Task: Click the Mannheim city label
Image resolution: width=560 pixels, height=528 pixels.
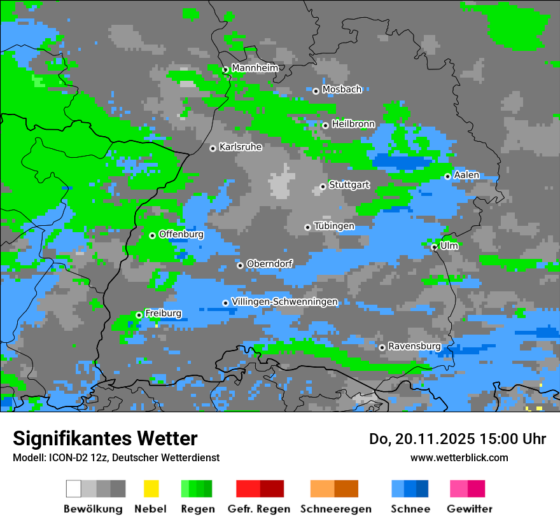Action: (255, 68)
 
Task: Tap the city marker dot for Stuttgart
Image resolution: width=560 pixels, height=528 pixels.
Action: (323, 186)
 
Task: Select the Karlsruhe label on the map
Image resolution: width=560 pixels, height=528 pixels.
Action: (240, 147)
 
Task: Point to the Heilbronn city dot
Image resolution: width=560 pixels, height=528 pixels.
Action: (325, 125)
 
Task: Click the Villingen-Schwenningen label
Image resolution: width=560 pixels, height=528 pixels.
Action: (284, 302)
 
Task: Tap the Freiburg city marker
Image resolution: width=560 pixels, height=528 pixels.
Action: (139, 315)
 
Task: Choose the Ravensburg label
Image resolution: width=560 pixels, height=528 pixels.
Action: (414, 346)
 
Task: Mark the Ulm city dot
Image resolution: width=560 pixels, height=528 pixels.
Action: (434, 247)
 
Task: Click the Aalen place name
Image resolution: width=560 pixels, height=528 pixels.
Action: (466, 175)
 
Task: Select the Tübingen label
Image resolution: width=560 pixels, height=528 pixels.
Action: (333, 226)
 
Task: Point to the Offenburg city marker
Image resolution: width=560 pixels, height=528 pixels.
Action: (152, 235)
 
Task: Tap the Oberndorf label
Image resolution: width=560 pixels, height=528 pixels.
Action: (269, 263)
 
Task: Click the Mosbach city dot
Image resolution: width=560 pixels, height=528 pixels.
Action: (316, 91)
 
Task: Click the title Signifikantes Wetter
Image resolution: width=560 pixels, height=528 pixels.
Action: (105, 438)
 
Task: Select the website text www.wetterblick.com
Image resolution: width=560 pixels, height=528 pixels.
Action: (459, 457)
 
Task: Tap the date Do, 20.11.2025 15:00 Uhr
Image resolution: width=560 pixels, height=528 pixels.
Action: (458, 439)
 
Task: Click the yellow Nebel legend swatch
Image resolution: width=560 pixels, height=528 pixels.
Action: (151, 489)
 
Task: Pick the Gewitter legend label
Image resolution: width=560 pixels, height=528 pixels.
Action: (469, 509)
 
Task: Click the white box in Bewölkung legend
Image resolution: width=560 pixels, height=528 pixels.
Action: (74, 489)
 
